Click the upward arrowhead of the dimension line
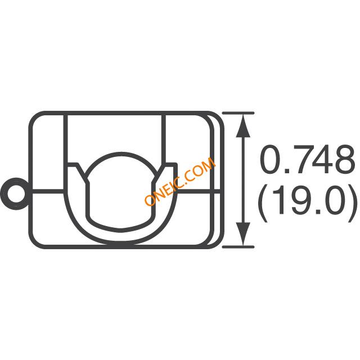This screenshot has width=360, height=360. click(243, 126)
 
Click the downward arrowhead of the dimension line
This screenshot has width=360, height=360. click(243, 234)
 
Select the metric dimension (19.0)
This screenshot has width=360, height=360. click(308, 203)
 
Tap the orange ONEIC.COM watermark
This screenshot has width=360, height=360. click(180, 182)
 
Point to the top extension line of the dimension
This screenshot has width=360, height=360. click(238, 113)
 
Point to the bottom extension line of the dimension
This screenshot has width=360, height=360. click(238, 247)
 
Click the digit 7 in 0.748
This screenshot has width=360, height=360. click(296, 159)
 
